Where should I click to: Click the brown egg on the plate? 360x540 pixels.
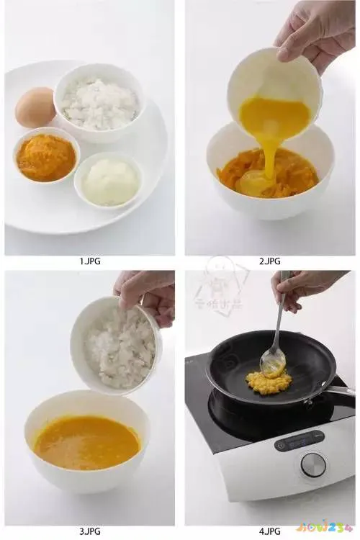pos(35,107)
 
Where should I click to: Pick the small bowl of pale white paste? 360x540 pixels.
pos(109,181)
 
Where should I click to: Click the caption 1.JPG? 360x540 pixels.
pos(90,261)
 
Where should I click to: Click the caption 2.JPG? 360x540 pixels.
pos(270,261)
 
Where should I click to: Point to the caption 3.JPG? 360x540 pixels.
pos(90,531)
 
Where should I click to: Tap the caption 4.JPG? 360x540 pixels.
pos(270,531)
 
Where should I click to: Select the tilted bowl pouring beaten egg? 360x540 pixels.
pos(275,90)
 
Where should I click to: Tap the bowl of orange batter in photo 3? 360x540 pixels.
pos(86,441)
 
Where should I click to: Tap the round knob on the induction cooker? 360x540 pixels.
pos(313,465)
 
